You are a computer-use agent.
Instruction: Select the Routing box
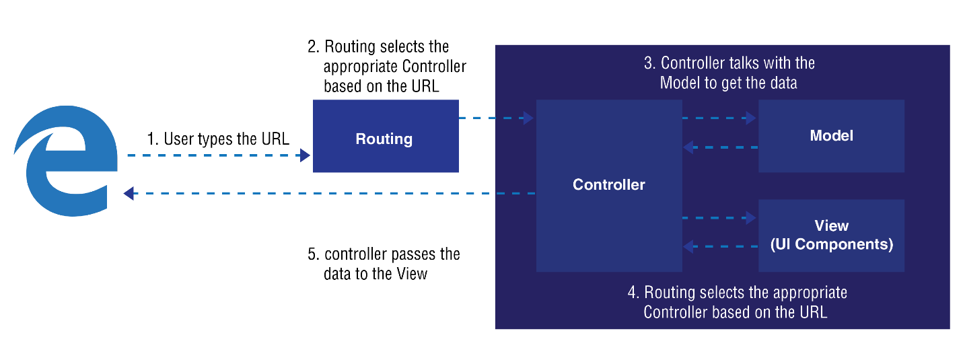coord(386,136)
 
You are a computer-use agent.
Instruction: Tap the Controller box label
coord(609,184)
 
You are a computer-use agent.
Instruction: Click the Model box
coord(832,136)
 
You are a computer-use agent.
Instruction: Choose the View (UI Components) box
coord(832,236)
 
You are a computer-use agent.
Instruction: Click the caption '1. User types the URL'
coord(218,139)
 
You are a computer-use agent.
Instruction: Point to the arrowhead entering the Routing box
coord(306,155)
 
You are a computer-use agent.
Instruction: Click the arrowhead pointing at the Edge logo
coord(129,194)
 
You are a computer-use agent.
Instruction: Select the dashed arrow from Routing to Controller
coord(496,118)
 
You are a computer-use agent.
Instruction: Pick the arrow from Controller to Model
coord(719,118)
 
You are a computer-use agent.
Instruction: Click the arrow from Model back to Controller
coord(721,147)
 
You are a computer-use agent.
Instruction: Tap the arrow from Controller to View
coord(719,217)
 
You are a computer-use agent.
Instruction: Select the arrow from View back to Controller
coord(721,246)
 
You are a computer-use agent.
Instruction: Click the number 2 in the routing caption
coord(312,46)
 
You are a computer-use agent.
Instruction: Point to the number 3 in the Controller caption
coord(648,63)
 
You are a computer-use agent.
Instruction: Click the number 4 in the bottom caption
coord(632,293)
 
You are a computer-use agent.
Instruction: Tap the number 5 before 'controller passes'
coord(312,254)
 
